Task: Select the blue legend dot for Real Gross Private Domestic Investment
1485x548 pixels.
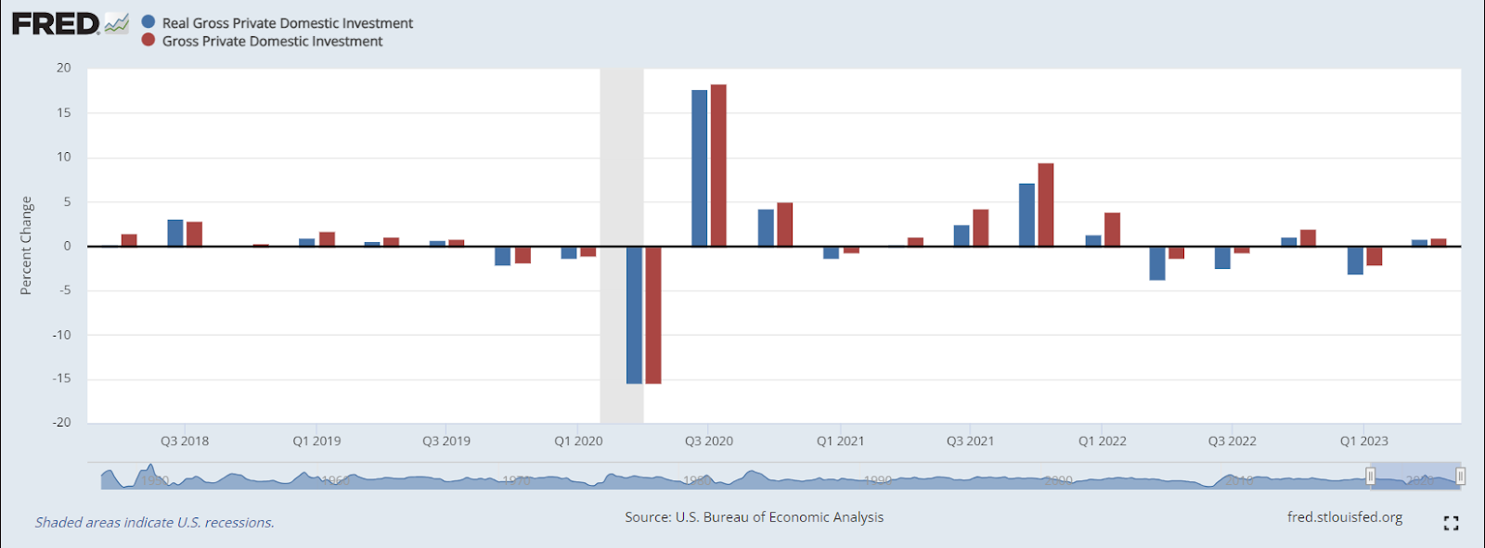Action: point(148,22)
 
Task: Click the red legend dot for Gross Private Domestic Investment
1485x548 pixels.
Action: point(148,40)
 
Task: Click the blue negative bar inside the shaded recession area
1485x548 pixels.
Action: point(634,314)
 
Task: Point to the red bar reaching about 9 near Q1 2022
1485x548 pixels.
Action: point(1046,205)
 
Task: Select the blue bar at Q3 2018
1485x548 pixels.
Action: point(175,233)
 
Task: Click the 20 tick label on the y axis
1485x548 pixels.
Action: point(63,68)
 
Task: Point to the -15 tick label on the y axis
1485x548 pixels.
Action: point(61,378)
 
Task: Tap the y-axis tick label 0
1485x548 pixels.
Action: point(67,246)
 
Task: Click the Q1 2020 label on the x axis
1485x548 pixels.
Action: point(578,441)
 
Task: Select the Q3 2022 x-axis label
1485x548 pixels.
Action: point(1232,441)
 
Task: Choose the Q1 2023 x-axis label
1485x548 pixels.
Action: point(1363,441)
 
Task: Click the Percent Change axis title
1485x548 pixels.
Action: point(26,246)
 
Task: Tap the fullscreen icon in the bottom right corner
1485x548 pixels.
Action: point(1452,524)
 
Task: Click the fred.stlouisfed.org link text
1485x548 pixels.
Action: point(1344,517)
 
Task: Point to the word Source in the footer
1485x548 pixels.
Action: point(646,517)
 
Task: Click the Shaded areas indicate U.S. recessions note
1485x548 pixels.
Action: point(155,523)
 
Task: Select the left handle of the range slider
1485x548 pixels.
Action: point(1370,477)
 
